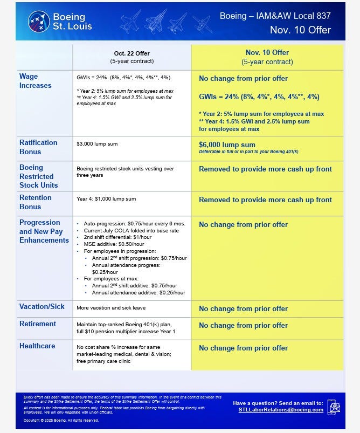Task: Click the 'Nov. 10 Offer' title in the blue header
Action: point(300,30)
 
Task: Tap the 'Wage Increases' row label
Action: point(36,81)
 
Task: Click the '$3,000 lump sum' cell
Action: point(98,144)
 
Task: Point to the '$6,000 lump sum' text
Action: point(227,145)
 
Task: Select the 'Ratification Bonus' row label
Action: point(38,147)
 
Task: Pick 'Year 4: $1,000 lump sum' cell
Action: point(106,199)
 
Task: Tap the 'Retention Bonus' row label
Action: point(36,202)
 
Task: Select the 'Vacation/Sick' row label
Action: point(41,306)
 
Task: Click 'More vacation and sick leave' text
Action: point(112,307)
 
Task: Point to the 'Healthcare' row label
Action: point(38,345)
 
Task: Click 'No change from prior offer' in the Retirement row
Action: point(243,325)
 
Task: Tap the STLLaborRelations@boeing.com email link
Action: point(281,410)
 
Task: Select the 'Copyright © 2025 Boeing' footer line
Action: point(61,420)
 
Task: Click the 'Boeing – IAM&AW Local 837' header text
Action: point(275,16)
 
